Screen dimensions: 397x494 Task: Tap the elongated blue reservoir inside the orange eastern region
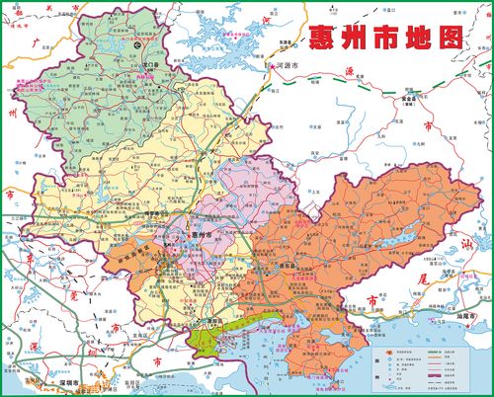tap(400, 238)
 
